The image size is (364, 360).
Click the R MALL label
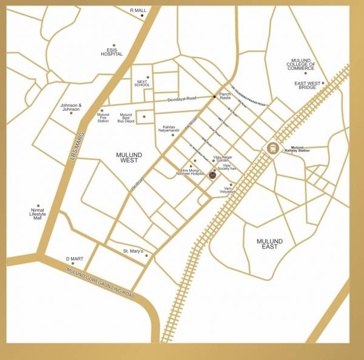point(138,10)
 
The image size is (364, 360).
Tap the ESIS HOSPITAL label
point(112,52)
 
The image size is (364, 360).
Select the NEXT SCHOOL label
point(142,82)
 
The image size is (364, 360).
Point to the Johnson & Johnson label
point(70,107)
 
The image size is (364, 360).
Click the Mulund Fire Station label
point(103,118)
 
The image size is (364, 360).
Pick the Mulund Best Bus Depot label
point(126,118)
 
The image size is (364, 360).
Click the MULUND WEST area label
point(129,158)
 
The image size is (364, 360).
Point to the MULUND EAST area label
point(270,244)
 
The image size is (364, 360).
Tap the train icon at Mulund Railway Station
point(272,148)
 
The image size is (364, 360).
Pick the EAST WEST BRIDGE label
point(306,85)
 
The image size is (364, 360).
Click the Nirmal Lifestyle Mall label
point(38,216)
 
